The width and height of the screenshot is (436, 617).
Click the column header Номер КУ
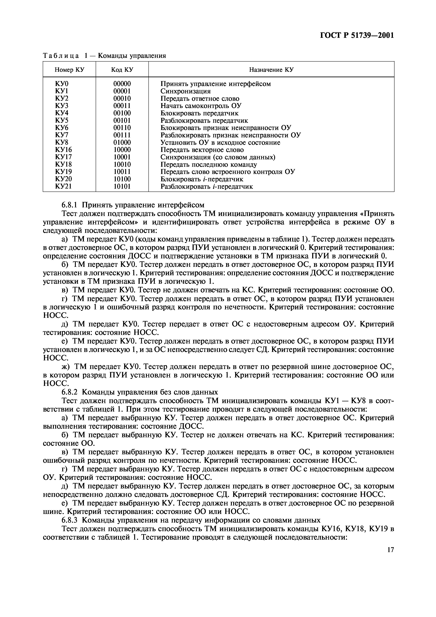69,70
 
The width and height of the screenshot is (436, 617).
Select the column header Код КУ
122,70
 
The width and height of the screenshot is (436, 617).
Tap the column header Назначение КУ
271,70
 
